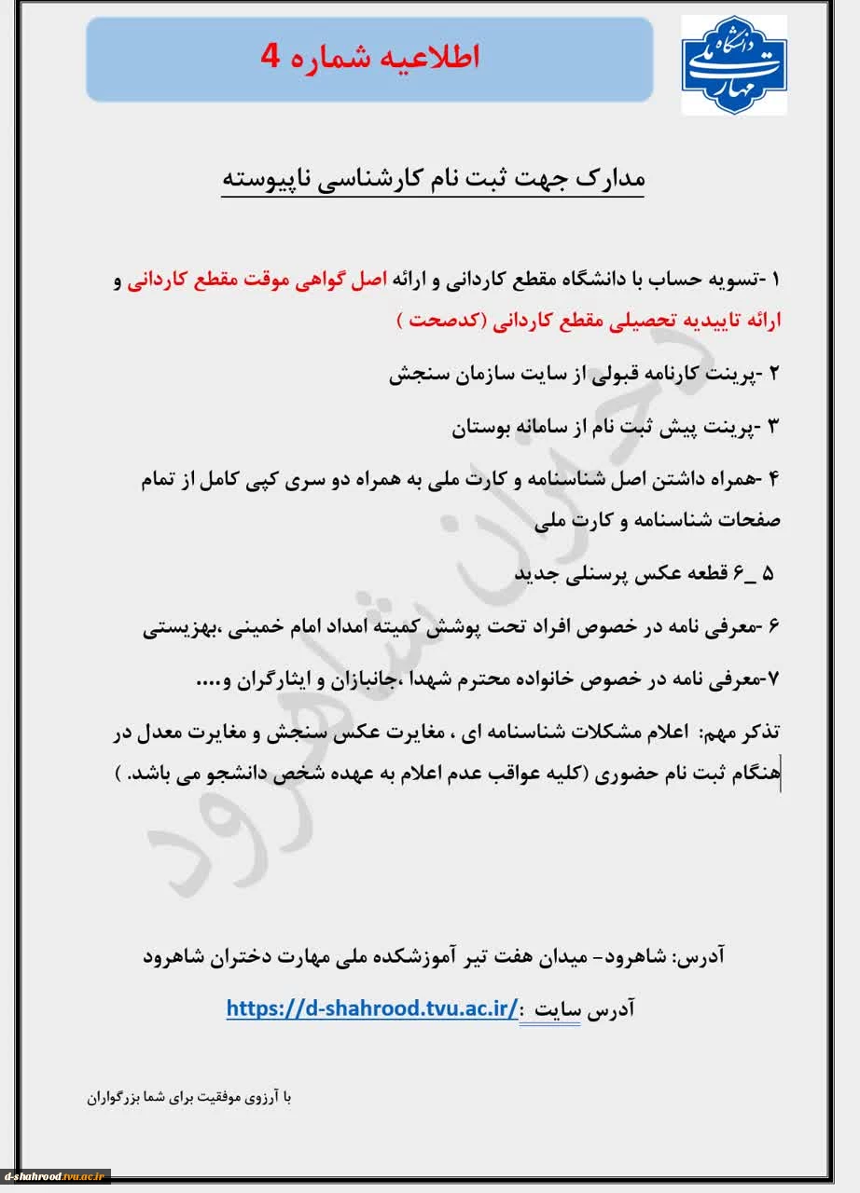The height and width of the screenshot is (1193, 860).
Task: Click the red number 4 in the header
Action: pyautogui.click(x=270, y=57)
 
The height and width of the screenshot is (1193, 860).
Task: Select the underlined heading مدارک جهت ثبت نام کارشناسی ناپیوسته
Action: pyautogui.click(x=433, y=180)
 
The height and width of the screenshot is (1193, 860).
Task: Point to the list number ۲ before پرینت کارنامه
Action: pyautogui.click(x=774, y=375)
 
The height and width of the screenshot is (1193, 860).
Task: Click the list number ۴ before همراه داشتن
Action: pyautogui.click(x=774, y=480)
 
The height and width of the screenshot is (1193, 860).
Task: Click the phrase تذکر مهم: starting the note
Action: pyautogui.click(x=745, y=734)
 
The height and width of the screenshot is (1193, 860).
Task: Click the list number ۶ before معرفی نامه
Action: pyautogui.click(x=774, y=627)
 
